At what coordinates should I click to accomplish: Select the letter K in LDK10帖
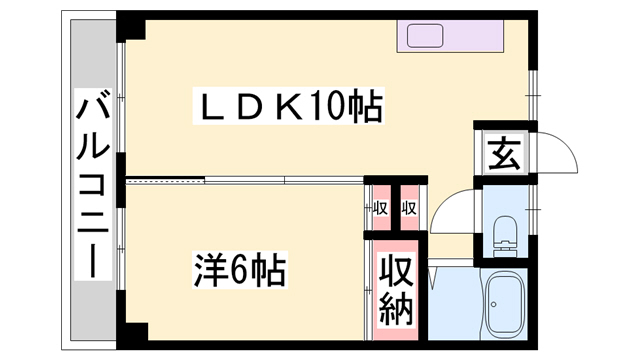298,106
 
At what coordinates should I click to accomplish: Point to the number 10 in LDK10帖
335,106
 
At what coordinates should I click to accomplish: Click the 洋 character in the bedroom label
208,269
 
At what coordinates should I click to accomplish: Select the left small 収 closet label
379,209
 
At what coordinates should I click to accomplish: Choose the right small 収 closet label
409,209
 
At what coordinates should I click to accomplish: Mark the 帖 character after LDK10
366,106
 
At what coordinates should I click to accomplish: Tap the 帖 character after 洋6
270,269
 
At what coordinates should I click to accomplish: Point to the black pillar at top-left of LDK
130,26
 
